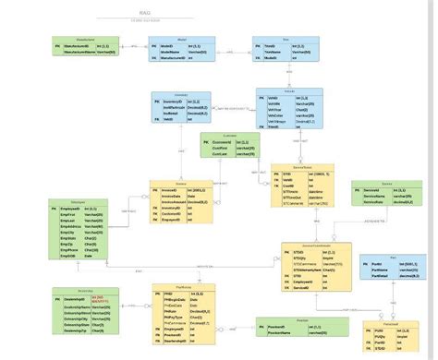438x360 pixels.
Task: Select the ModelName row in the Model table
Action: (170, 52)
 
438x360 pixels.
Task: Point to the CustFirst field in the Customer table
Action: (220, 148)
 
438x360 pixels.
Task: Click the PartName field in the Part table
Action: (381, 269)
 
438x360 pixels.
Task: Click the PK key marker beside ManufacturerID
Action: (57, 45)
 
